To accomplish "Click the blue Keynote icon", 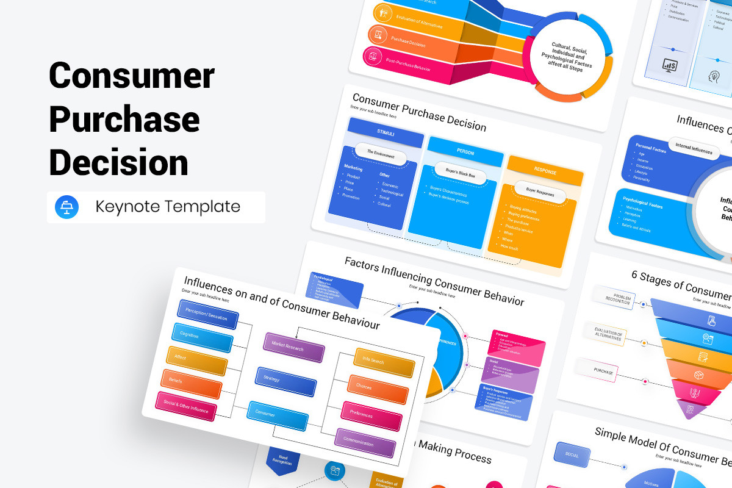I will [67, 207].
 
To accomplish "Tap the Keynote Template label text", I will [168, 207].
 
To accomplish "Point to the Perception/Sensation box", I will [207, 315].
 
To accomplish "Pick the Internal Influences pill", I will [694, 148].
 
